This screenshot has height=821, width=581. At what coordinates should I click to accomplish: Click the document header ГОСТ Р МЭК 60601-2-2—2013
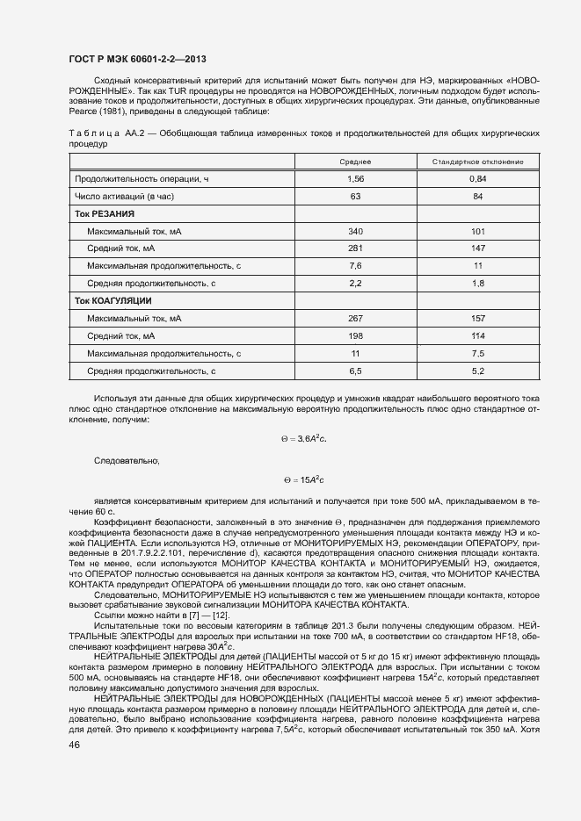click(x=137, y=59)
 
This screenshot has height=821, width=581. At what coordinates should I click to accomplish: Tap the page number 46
click(x=75, y=745)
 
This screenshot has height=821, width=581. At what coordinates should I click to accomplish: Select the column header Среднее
click(x=355, y=162)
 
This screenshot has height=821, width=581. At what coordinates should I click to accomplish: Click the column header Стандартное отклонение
click(x=477, y=162)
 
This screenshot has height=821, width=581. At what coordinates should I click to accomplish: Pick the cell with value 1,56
click(x=355, y=179)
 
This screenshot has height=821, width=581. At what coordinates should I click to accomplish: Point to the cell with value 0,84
click(x=477, y=179)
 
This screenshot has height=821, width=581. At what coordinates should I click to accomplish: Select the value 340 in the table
click(x=355, y=232)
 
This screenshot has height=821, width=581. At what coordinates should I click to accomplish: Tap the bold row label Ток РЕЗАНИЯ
click(x=105, y=214)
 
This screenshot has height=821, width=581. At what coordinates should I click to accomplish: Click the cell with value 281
click(x=355, y=248)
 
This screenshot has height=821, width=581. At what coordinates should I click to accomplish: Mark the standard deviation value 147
click(x=477, y=248)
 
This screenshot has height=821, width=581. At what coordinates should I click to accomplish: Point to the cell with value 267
click(x=355, y=319)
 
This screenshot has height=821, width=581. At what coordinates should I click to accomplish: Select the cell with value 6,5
click(x=355, y=371)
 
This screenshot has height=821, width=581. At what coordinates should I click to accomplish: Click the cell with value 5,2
click(x=477, y=371)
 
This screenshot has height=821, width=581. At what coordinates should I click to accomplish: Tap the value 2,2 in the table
click(x=355, y=284)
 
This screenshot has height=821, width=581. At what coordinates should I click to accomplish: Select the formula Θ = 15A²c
click(x=304, y=480)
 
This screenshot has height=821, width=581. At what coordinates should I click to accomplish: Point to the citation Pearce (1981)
click(x=96, y=112)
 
